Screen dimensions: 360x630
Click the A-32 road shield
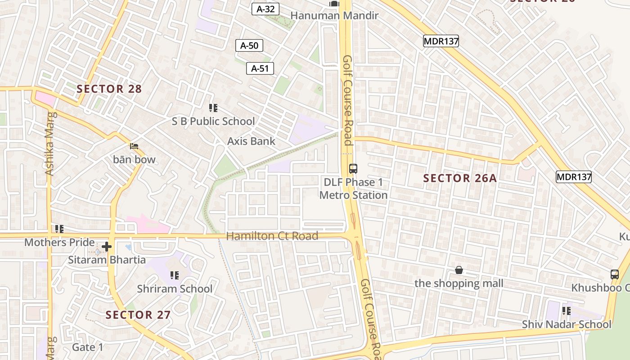click(x=265, y=9)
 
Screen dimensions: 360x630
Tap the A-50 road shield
click(x=249, y=45)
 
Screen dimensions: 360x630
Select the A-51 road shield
click(x=260, y=68)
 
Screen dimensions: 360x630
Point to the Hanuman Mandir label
click(x=334, y=16)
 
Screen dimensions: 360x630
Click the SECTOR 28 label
click(x=109, y=89)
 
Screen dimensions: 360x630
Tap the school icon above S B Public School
click(x=213, y=108)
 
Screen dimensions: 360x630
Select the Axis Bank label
click(x=251, y=141)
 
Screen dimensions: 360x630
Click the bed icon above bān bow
click(x=134, y=146)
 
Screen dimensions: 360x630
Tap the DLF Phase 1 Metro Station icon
click(x=353, y=169)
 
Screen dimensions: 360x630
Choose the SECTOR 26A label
click(x=460, y=179)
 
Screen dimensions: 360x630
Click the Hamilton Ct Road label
click(x=272, y=236)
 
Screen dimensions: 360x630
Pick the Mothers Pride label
click(x=59, y=243)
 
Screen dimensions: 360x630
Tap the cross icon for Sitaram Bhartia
click(x=107, y=247)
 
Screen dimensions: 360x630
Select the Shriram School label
click(x=175, y=289)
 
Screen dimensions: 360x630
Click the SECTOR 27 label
click(x=138, y=315)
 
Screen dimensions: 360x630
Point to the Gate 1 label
click(x=88, y=347)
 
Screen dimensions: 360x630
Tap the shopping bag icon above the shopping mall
click(x=459, y=270)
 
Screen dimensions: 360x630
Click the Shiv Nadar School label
click(x=567, y=324)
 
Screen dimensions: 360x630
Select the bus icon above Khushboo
click(x=615, y=274)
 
